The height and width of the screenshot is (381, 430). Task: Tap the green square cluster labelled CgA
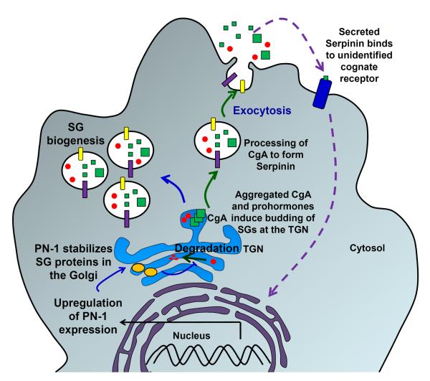pyautogui.click(x=194, y=220)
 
